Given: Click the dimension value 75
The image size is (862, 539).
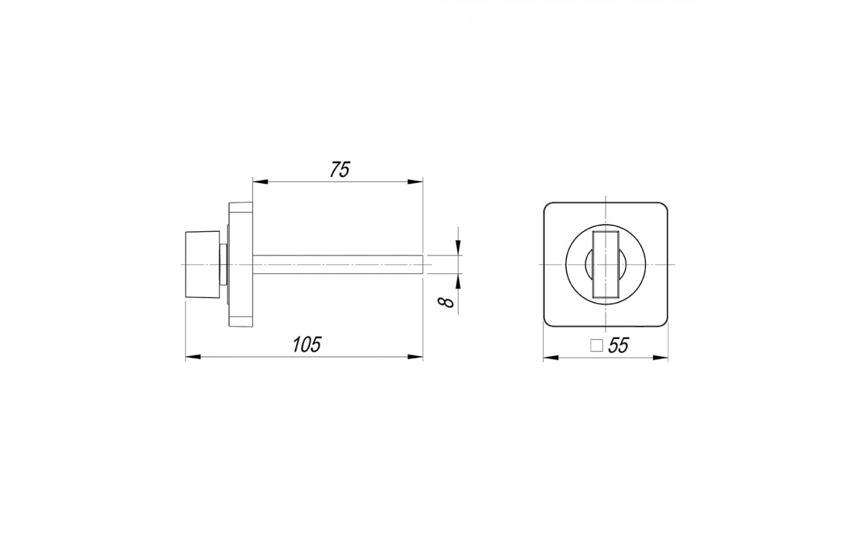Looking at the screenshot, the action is pyautogui.click(x=340, y=170).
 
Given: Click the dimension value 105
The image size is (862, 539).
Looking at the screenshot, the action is pyautogui.click(x=306, y=344).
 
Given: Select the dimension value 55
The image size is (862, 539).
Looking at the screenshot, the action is pyautogui.click(x=618, y=346).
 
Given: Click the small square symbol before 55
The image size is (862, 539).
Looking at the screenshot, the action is pyautogui.click(x=596, y=346).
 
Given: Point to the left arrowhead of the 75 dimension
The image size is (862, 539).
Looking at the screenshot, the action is pyautogui.click(x=260, y=181).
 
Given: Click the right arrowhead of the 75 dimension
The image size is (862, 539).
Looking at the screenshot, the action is pyautogui.click(x=415, y=181).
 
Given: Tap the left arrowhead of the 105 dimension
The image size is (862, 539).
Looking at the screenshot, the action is pyautogui.click(x=193, y=358).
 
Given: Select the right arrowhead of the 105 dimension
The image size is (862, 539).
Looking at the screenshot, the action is pyautogui.click(x=415, y=358).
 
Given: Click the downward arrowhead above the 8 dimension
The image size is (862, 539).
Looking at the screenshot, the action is pyautogui.click(x=458, y=247).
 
